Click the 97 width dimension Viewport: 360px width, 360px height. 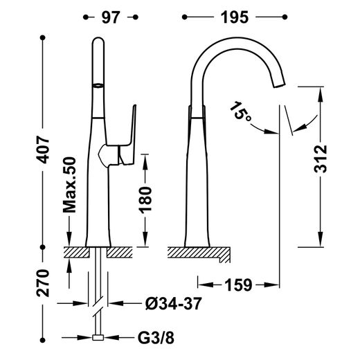111,17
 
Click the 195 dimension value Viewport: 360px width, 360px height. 235,17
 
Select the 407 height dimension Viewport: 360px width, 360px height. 43,150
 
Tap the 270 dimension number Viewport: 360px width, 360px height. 43,283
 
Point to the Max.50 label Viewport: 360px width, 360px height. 70,185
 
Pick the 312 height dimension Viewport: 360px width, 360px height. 321,159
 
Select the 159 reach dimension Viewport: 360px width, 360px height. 238,285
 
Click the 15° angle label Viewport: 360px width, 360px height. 240,111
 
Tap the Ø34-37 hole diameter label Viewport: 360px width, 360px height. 174,303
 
